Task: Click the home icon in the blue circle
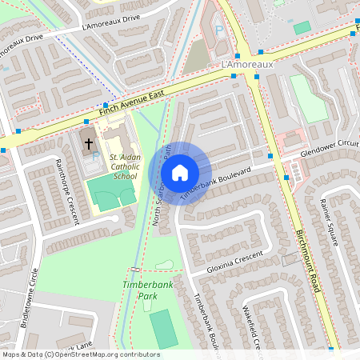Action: point(180,173)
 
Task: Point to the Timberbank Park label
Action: point(141,290)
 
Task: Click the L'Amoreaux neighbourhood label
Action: point(247,63)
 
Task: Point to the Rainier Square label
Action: point(331,225)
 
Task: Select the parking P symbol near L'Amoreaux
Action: point(219,30)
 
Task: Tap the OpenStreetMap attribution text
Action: point(81,354)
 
